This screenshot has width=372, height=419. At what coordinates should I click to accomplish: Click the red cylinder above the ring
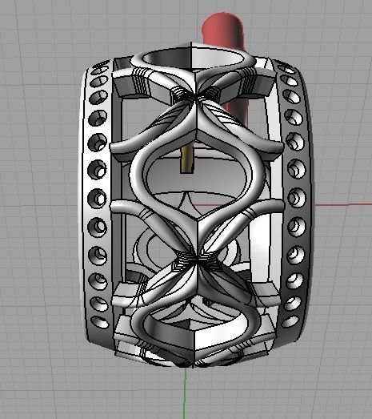click(227, 32)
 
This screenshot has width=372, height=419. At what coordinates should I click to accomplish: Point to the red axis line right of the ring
click(344, 205)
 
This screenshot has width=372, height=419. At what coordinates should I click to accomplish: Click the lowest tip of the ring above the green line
click(189, 365)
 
